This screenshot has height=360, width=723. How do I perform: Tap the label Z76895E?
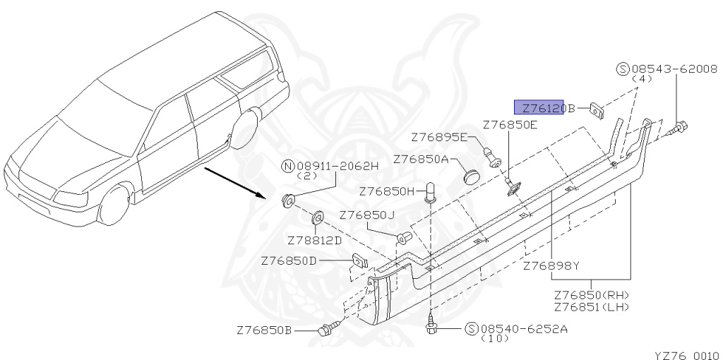439,137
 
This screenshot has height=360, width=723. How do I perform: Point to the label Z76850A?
421,160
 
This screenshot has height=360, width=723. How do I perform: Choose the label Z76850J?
366,215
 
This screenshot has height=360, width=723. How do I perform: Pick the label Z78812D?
314,239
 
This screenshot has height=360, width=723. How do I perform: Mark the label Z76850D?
289,261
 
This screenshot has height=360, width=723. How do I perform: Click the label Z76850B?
264,330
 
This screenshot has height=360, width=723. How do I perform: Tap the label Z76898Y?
551,265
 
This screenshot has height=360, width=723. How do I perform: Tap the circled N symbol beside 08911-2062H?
287,167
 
